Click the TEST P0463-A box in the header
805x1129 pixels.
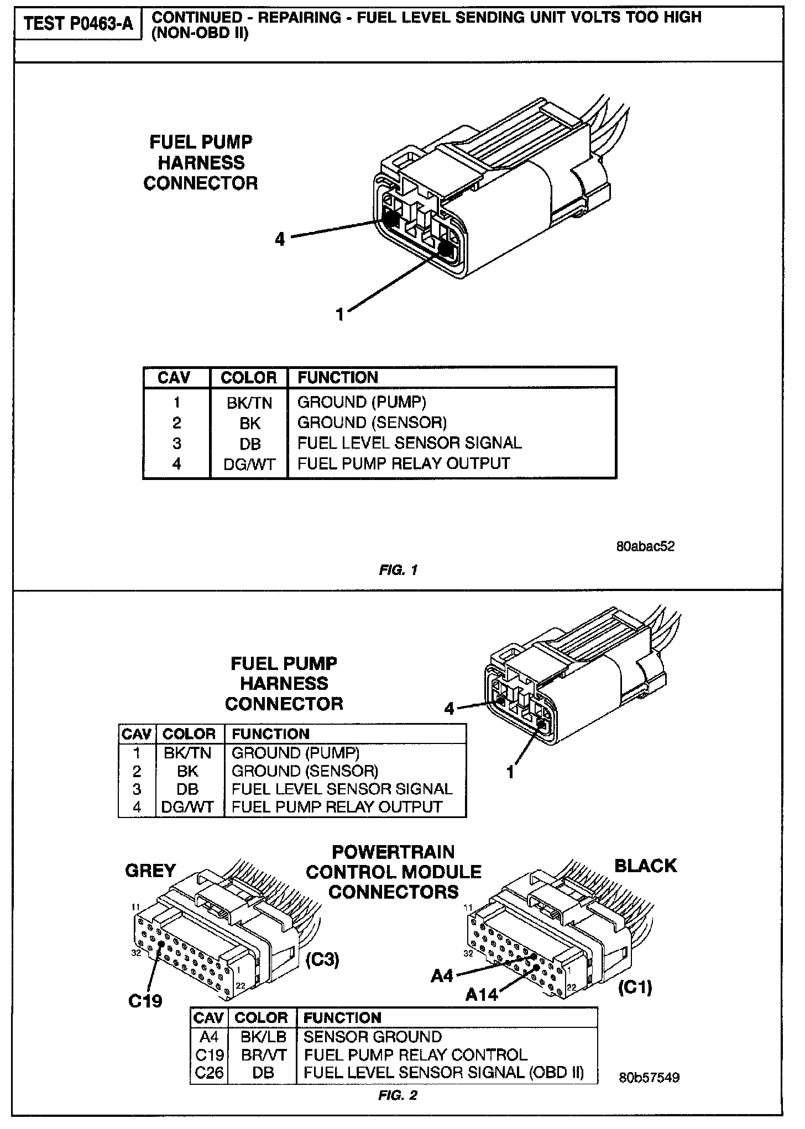coord(79,24)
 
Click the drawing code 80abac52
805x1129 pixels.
coord(645,546)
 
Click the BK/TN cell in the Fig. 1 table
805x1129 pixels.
coord(249,403)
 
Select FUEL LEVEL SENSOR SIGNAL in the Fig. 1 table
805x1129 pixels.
coord(409,443)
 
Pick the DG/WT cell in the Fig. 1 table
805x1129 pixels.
coord(249,464)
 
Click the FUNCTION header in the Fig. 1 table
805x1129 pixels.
coord(338,378)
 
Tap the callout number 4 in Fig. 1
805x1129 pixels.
coord(280,239)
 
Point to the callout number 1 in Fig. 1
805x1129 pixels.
coord(340,314)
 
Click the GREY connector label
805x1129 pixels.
coord(150,871)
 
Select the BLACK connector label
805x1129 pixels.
coord(645,866)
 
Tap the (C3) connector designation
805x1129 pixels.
coord(322,959)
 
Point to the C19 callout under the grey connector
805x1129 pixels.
coord(145,1000)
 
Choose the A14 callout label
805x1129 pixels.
coord(482,995)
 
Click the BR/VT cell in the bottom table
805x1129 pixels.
coord(264,1055)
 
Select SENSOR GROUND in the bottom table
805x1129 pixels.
coord(373,1037)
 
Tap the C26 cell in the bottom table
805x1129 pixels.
coord(210,1073)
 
